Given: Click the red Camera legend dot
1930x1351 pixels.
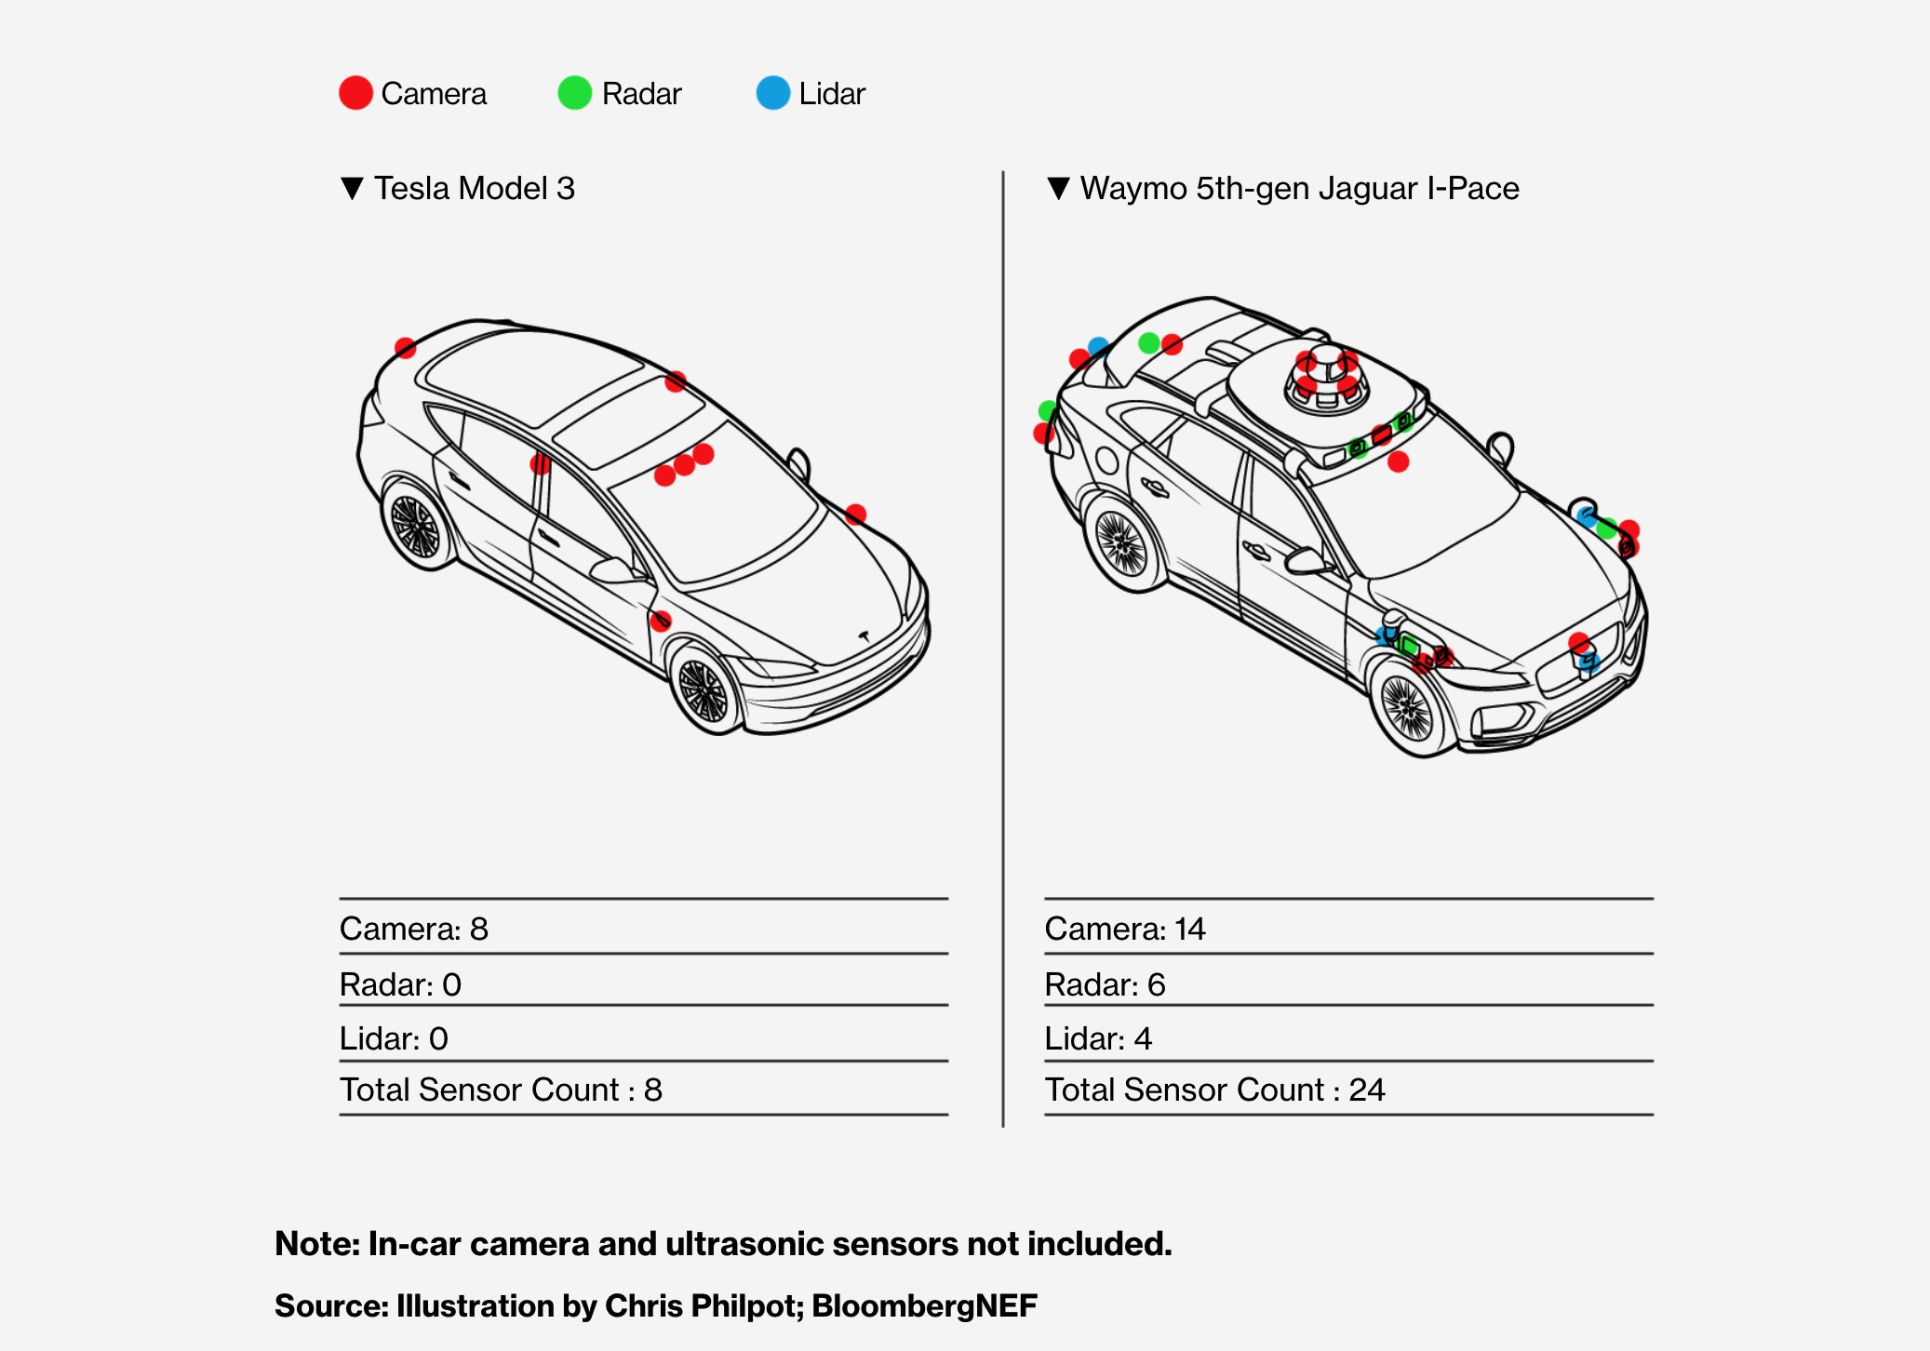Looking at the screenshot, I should pyautogui.click(x=355, y=93).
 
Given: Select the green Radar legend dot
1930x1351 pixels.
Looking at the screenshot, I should pyautogui.click(x=574, y=93).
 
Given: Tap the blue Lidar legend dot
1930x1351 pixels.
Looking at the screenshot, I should pyautogui.click(x=772, y=93).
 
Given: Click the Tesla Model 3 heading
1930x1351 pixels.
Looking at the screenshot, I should pyautogui.click(x=474, y=189).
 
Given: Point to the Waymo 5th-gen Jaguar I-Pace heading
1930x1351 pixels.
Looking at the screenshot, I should pyautogui.click(x=1299, y=189).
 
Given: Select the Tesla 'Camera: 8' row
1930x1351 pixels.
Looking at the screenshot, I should pyautogui.click(x=414, y=929).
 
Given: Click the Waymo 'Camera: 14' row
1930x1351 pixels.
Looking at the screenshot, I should pyautogui.click(x=1125, y=929).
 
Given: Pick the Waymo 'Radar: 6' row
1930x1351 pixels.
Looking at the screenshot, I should pyautogui.click(x=1105, y=984).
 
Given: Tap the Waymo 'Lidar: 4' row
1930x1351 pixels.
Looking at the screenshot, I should pyautogui.click(x=1098, y=1038).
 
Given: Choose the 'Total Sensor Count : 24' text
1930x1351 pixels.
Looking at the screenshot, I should pyautogui.click(x=1214, y=1090).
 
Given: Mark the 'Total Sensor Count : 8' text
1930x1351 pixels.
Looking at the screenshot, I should pyautogui.click(x=501, y=1090).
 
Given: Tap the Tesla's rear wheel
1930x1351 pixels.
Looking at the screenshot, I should pyautogui.click(x=415, y=527).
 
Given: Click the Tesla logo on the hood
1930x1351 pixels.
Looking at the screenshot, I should pyautogui.click(x=864, y=636).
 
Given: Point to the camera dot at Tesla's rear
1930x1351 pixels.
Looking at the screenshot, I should pyautogui.click(x=405, y=348).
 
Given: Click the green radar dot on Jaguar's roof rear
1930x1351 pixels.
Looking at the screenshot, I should pyautogui.click(x=1149, y=343).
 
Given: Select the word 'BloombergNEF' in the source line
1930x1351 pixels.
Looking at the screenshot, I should pyautogui.click(x=924, y=1305).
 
